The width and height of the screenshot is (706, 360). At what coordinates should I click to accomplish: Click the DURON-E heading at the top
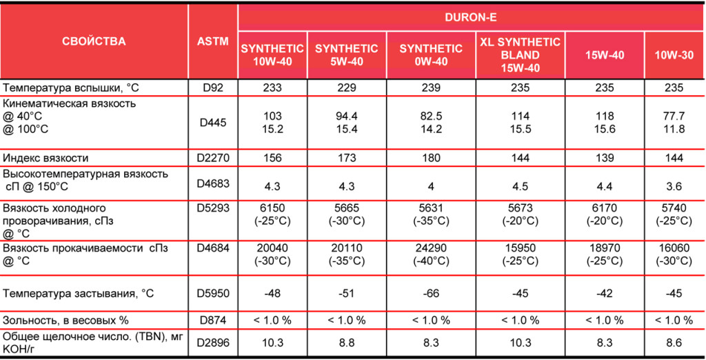470,18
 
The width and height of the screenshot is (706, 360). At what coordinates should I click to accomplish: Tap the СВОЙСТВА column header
94,41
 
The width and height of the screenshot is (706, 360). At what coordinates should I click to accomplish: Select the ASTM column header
212,41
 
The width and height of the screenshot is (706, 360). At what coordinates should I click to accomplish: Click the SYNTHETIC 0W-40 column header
431,55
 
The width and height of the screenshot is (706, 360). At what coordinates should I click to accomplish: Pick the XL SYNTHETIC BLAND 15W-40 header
520,55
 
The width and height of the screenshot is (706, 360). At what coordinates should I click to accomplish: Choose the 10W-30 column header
674,55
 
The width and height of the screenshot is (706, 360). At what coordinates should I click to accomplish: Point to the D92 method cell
212,88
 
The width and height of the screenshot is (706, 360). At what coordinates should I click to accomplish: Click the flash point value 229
346,88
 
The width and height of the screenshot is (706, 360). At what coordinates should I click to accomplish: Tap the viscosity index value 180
431,158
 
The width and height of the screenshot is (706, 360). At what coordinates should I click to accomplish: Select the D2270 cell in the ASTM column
213,158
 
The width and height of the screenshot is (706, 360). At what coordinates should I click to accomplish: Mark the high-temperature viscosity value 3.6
674,186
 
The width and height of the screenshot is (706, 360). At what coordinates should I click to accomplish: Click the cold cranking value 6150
272,208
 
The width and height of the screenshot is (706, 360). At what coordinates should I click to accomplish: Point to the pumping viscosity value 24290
431,248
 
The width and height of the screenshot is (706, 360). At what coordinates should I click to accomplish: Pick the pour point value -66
431,293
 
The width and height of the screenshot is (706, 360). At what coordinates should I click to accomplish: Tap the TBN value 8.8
346,343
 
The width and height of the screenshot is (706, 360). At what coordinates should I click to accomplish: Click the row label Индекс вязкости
46,158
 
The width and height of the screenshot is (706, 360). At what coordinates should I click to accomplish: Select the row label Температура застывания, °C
79,293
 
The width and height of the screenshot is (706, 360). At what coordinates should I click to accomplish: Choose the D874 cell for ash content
213,320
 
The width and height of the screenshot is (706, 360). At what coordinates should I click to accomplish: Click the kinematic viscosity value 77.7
674,117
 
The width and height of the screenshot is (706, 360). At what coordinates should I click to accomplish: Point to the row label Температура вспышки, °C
71,88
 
